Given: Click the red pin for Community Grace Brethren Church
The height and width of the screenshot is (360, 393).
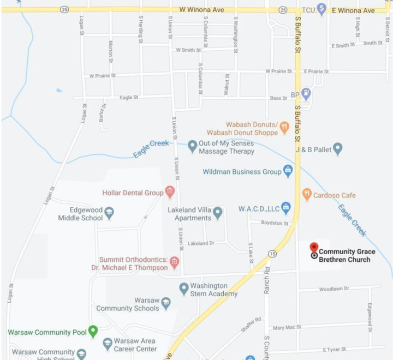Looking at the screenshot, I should pos(314,249).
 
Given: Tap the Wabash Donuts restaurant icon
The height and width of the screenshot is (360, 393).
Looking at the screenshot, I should pos(284,128).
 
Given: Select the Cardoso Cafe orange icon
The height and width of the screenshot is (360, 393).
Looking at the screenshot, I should pos(307,194).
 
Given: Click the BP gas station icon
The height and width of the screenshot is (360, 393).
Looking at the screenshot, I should pos(306,94).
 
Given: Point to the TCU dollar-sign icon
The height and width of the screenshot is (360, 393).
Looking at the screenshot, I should pos(321,9).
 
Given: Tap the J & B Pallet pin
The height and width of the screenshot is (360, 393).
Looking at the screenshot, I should pos(337,148).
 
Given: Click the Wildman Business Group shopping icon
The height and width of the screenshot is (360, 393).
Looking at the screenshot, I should pos(288,171).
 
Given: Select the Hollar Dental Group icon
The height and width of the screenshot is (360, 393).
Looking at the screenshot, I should pos(170,192).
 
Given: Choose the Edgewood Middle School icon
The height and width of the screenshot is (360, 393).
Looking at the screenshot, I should pos(109,213).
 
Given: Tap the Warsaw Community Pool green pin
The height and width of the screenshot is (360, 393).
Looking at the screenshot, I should pos(93,331).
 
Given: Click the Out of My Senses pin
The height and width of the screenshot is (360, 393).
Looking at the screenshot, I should pos(192,146).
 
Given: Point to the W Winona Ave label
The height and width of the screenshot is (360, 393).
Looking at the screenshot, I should pos(201,10).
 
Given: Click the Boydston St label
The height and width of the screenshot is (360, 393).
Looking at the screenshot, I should pos(275,223).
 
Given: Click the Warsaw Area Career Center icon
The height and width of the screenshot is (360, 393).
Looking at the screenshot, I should pos(108,344).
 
